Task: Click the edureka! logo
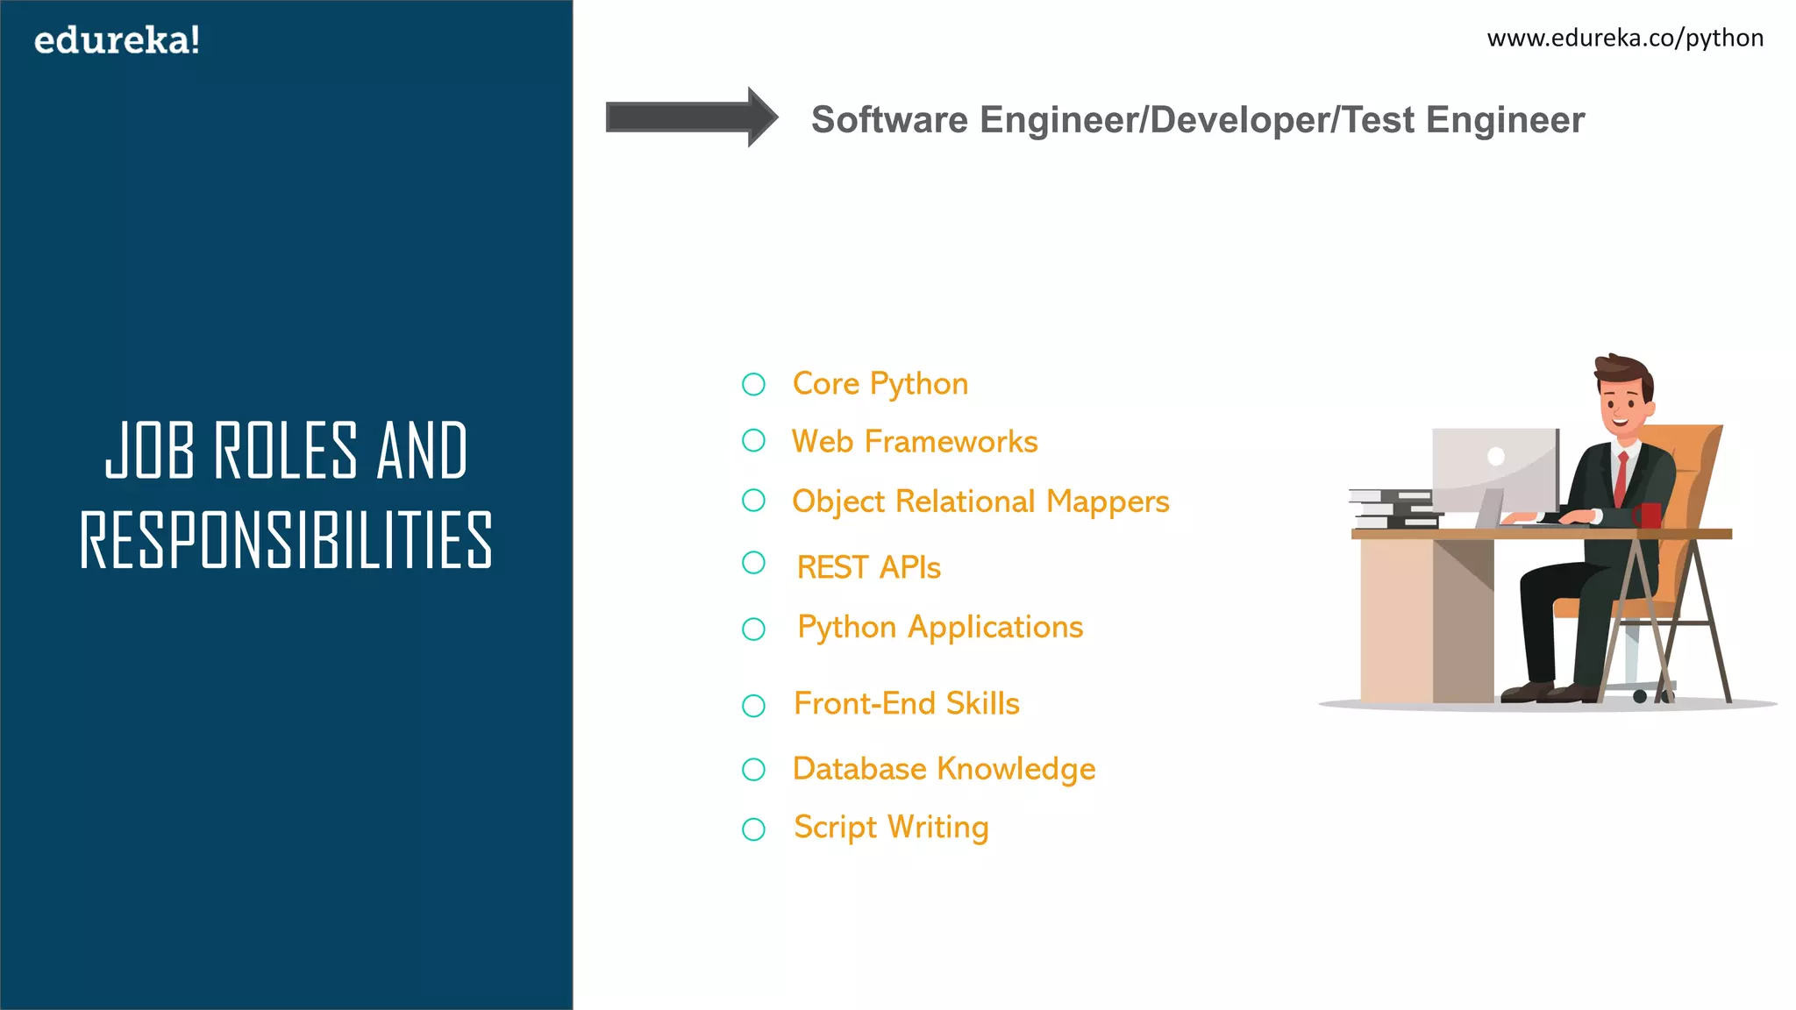pyautogui.click(x=117, y=40)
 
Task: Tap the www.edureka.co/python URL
pyautogui.click(x=1625, y=39)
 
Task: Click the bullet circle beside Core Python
pyautogui.click(x=753, y=384)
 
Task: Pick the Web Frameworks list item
pyautogui.click(x=914, y=441)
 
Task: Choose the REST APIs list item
pyautogui.click(x=868, y=567)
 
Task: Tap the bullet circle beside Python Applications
pyautogui.click(x=753, y=629)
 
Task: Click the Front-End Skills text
pyautogui.click(x=906, y=703)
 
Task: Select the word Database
pyautogui.click(x=859, y=769)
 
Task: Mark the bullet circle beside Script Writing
pyautogui.click(x=753, y=829)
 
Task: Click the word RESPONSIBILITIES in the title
pyautogui.click(x=286, y=540)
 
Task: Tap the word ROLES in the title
pyautogui.click(x=286, y=451)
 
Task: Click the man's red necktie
pyautogui.click(x=1621, y=479)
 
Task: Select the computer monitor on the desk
pyautogui.click(x=1495, y=470)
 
